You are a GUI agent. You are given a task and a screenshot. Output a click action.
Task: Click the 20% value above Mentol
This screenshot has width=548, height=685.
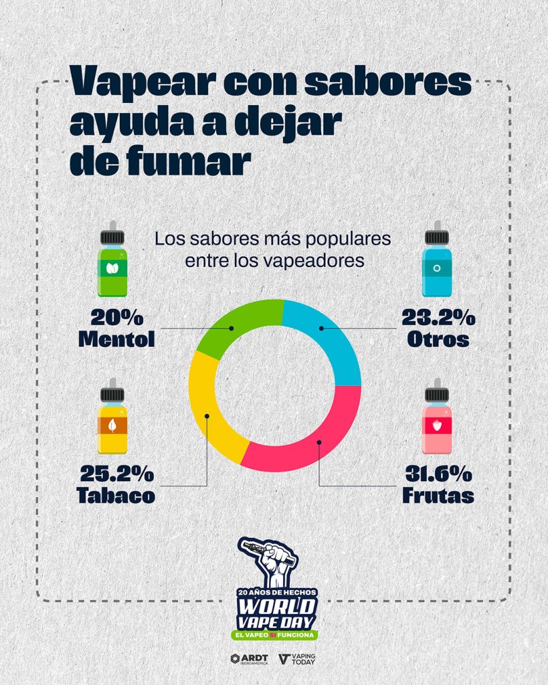[117, 317]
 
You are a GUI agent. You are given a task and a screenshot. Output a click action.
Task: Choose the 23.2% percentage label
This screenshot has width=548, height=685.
[438, 317]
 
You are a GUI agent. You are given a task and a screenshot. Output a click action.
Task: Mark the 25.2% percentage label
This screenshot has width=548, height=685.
[117, 474]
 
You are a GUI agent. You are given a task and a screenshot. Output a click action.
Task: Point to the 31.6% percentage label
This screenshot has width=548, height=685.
[438, 474]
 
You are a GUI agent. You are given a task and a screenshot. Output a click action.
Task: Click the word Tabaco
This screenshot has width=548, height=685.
[116, 496]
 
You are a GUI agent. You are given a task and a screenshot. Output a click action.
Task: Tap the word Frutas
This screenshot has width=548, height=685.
[438, 496]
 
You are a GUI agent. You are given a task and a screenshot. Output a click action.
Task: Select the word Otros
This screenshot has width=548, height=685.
[438, 339]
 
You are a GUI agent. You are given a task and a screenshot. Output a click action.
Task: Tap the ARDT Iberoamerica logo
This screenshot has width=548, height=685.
[249, 659]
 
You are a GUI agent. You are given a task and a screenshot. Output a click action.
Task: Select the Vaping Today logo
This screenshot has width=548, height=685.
[296, 659]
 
